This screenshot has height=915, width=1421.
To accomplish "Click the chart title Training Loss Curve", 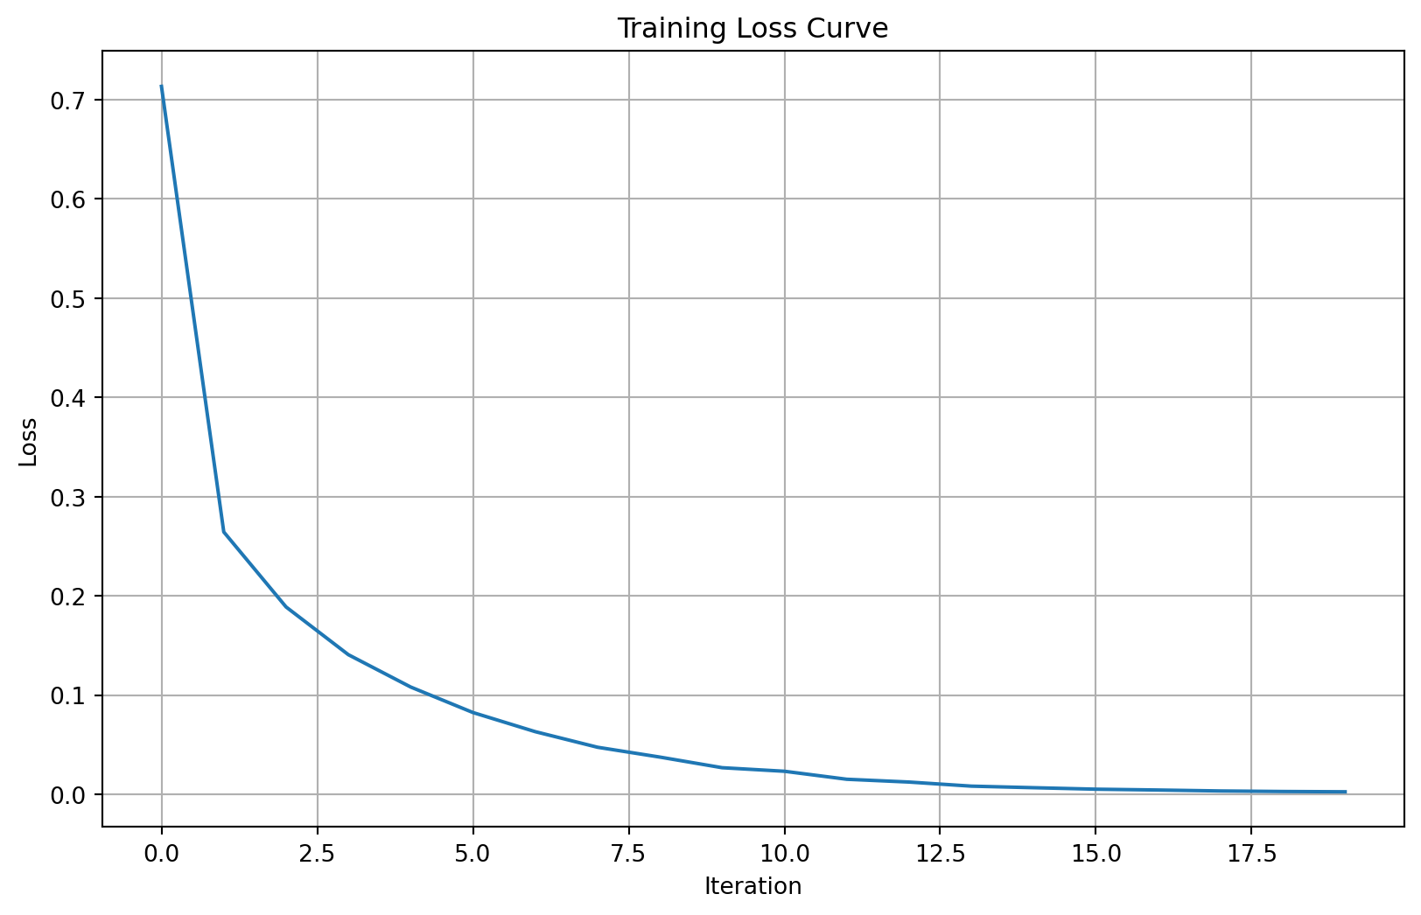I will [x=752, y=29].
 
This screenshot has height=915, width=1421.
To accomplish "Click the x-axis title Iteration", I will [x=752, y=887].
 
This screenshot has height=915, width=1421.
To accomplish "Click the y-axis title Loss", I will [x=28, y=442].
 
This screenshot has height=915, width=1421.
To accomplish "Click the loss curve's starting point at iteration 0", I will [x=162, y=87].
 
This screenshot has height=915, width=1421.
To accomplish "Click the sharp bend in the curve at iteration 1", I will [x=224, y=532].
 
